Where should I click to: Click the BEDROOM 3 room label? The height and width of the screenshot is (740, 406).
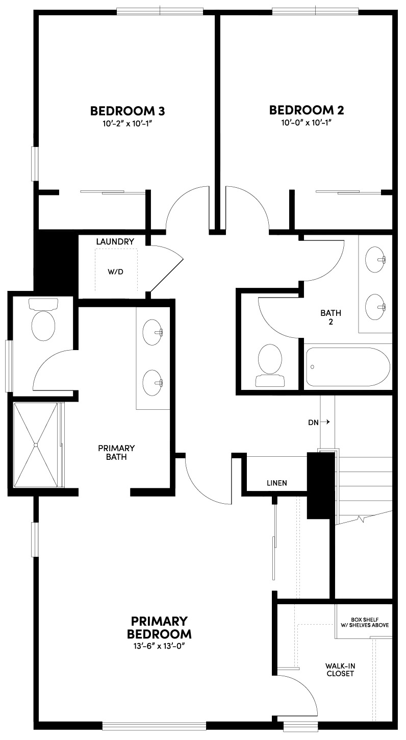127,110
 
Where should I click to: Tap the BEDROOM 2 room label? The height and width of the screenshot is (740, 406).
306,110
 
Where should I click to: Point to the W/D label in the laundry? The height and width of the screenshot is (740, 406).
115,272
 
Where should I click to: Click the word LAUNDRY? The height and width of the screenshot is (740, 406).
115,241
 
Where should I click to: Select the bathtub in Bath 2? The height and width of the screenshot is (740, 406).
347,367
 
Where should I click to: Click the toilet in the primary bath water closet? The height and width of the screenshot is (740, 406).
43,325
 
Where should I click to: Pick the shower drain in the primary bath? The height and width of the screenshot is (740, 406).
36,445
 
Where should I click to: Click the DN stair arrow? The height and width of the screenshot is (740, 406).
319,422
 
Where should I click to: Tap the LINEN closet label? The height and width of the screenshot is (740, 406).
277,483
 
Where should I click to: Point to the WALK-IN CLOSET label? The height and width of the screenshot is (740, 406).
340,670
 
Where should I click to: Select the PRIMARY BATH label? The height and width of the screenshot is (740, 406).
116,452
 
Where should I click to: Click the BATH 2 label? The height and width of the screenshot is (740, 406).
331,317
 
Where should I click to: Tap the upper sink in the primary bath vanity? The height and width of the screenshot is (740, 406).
152,331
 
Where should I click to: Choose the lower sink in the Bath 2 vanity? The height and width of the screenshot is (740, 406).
376,306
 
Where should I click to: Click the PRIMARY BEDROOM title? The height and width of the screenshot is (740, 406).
159,628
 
